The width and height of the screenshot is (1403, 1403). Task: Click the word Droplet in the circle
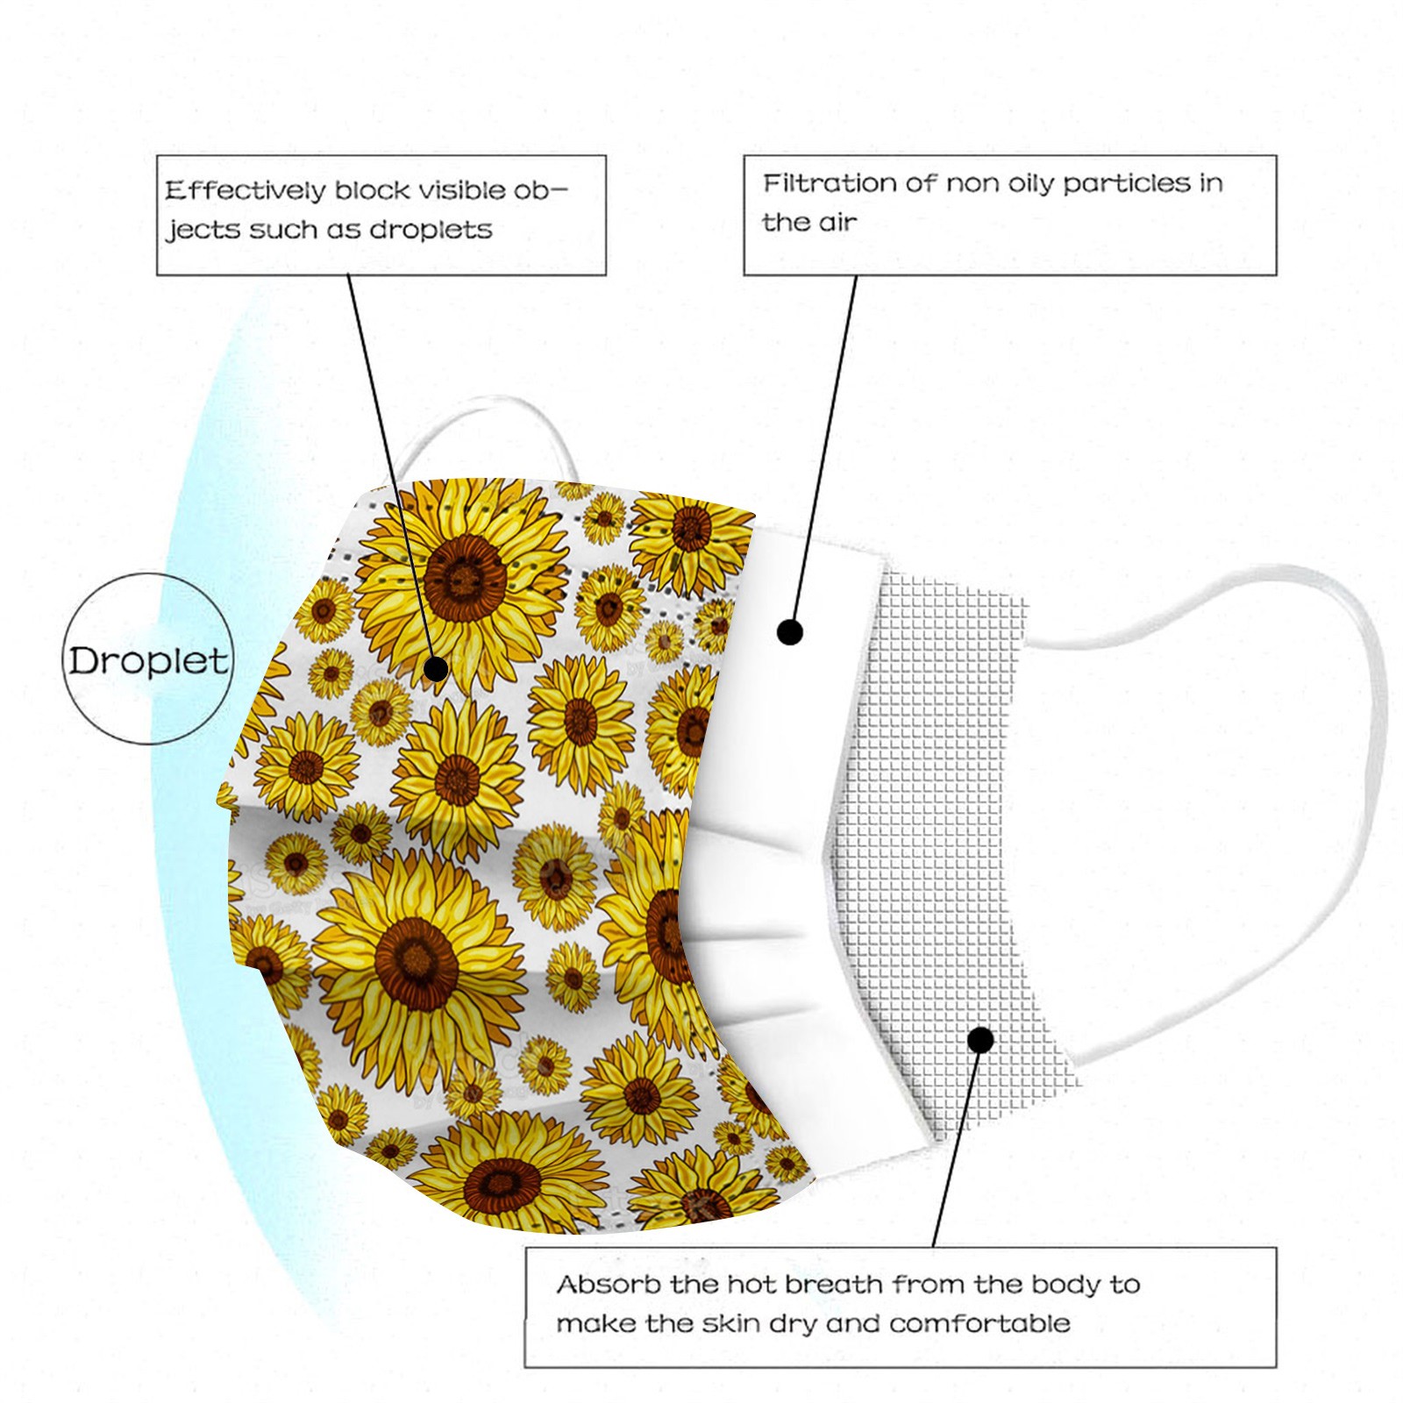[148, 660]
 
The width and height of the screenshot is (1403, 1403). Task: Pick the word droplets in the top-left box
[431, 230]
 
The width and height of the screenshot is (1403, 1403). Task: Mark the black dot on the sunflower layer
[436, 670]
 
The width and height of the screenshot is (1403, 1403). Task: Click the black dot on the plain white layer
[790, 631]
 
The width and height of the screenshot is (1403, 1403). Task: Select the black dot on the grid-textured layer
[981, 1040]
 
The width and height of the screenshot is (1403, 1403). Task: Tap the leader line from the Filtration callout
[824, 447]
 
